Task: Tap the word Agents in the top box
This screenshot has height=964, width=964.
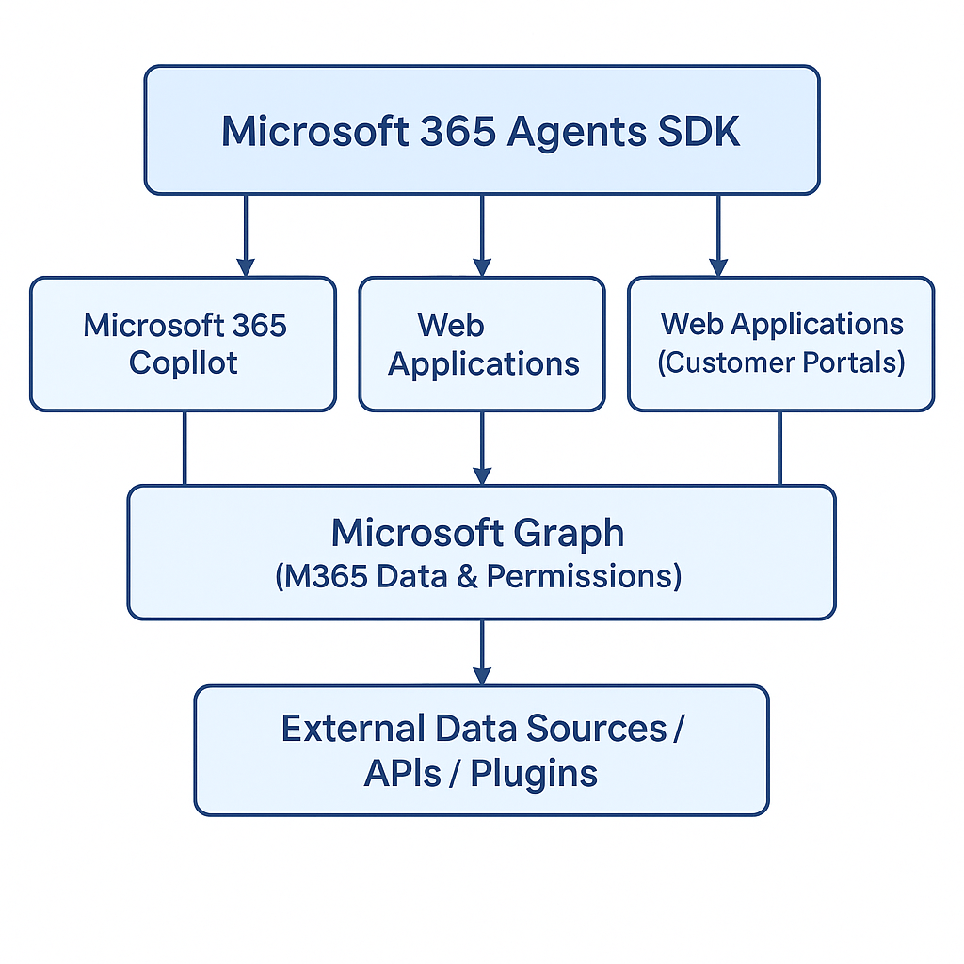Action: coord(576,133)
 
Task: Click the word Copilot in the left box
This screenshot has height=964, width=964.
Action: coord(184,362)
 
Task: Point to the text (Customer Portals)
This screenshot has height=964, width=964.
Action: coord(780,362)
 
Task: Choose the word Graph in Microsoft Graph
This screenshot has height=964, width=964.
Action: coord(570,534)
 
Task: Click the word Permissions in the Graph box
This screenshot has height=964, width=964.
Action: coord(584,577)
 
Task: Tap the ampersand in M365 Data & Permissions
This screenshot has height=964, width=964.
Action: coord(467,577)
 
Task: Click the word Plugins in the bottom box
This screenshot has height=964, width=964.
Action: coord(534,774)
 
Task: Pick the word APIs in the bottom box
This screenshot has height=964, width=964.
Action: coord(402,773)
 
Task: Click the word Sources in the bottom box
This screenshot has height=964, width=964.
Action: coord(596,729)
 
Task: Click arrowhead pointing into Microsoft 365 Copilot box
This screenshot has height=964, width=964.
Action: coord(246,267)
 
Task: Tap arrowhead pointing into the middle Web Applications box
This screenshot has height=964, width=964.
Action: coord(482,267)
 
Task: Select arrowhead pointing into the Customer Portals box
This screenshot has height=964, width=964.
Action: coord(718,267)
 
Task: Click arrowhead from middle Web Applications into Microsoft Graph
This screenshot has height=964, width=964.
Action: coord(482,475)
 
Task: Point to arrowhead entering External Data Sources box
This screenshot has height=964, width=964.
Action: coord(482,676)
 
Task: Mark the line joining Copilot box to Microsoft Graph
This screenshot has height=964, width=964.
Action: coord(185,447)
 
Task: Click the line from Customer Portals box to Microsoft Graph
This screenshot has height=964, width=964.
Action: coord(779,447)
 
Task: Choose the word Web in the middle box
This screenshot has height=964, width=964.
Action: coord(451,325)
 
